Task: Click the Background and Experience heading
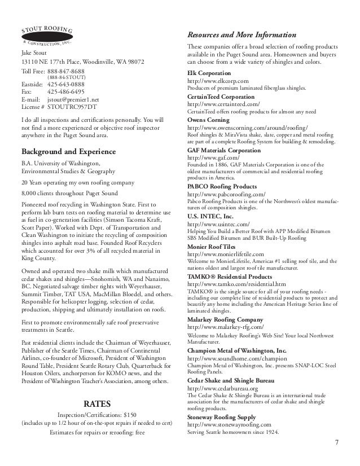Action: click(x=68, y=152)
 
